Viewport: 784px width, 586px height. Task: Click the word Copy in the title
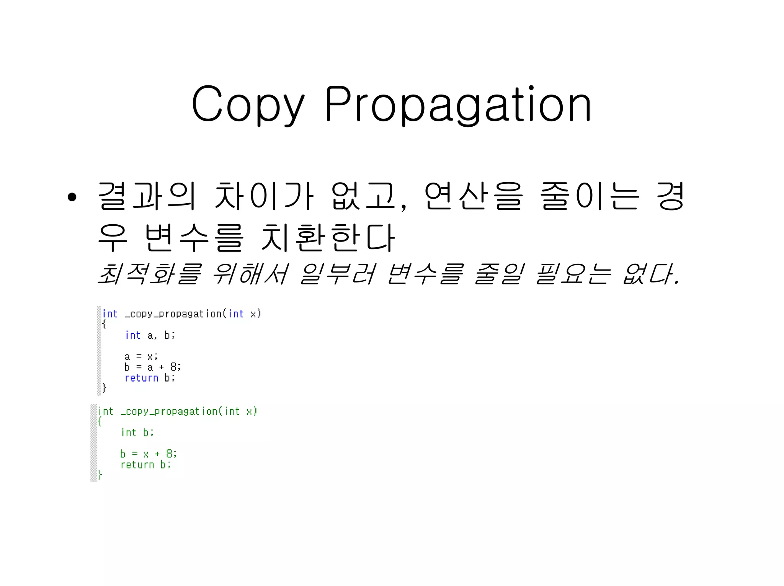pyautogui.click(x=248, y=104)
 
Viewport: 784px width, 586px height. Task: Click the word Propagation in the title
pyautogui.click(x=458, y=104)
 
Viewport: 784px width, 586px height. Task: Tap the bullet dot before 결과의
pyautogui.click(x=72, y=197)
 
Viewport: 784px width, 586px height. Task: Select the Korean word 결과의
pyautogui.click(x=147, y=196)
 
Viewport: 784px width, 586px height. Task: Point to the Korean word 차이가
pyautogui.click(x=264, y=196)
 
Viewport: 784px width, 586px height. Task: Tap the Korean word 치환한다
pyautogui.click(x=328, y=237)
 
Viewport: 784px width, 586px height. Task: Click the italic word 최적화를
pyautogui.click(x=149, y=274)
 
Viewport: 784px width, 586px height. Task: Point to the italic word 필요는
pyautogui.click(x=573, y=274)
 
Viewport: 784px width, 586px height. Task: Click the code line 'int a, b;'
pyautogui.click(x=150, y=335)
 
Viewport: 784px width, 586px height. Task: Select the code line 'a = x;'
pyautogui.click(x=141, y=357)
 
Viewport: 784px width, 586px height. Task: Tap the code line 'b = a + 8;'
pyautogui.click(x=152, y=367)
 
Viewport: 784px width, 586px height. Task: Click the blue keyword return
pyautogui.click(x=141, y=378)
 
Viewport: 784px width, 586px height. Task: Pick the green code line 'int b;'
pyautogui.click(x=137, y=433)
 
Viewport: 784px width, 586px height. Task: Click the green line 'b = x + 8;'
pyautogui.click(x=148, y=454)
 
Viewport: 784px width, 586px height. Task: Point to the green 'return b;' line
pyautogui.click(x=145, y=465)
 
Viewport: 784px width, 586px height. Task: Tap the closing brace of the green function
pyautogui.click(x=100, y=475)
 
